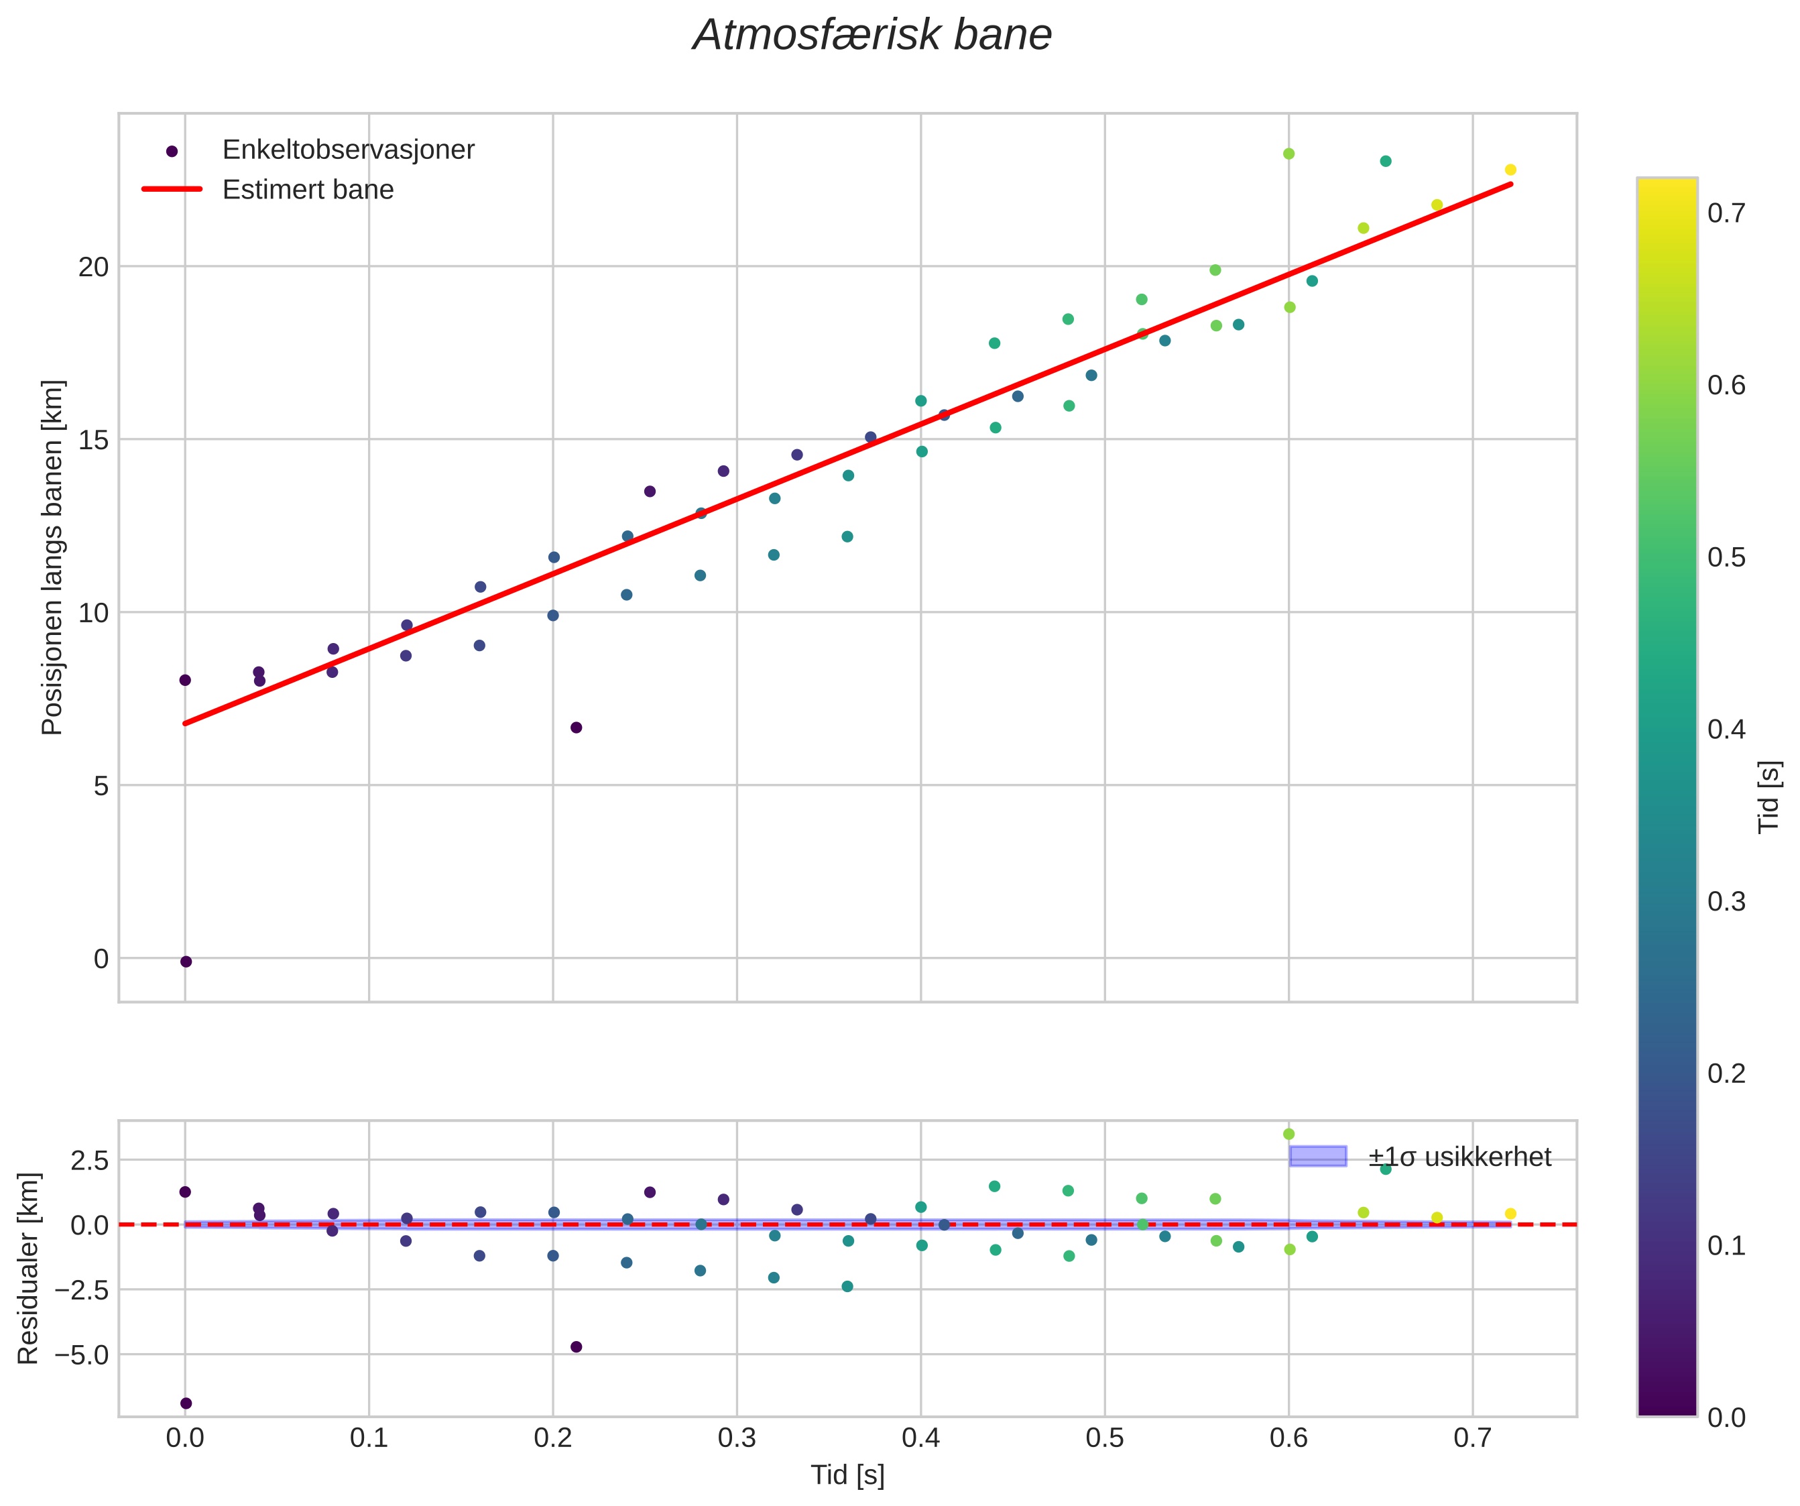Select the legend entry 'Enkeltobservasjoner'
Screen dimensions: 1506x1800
[347, 150]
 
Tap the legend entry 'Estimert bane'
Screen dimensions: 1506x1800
[308, 190]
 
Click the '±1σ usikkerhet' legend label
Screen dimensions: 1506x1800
[1459, 1157]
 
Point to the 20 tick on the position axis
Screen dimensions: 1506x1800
[95, 267]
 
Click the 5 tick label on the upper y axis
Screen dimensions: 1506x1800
[101, 785]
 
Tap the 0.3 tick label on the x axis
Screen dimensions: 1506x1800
[736, 1438]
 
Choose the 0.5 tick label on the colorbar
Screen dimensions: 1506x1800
[1726, 558]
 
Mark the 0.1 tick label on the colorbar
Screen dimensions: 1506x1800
[1726, 1245]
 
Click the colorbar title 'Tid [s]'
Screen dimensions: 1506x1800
[1769, 797]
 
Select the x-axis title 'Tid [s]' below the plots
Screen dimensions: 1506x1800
[847, 1475]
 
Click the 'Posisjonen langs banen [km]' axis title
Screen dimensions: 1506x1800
[52, 557]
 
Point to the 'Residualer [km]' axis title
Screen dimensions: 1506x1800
[28, 1269]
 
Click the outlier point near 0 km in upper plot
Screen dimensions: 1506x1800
[186, 962]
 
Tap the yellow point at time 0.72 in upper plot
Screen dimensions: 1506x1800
[1510, 170]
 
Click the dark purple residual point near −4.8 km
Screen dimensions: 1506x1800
[576, 1346]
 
